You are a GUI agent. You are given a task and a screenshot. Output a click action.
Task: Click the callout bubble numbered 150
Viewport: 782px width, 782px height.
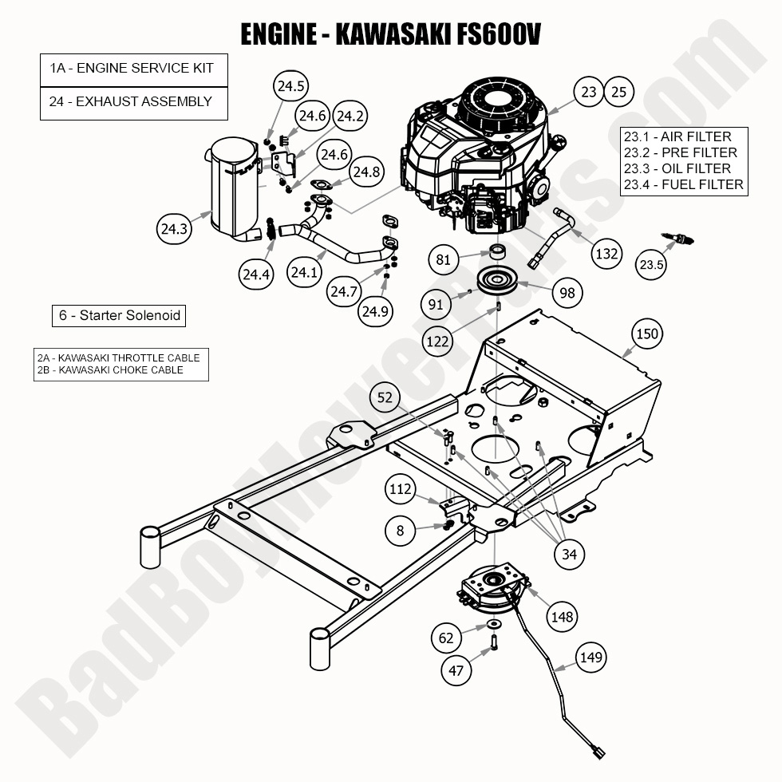click(647, 333)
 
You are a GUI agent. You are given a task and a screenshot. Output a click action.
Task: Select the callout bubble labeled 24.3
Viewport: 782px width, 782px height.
click(174, 230)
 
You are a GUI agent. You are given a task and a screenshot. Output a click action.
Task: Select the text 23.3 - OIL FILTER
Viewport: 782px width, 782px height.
click(677, 168)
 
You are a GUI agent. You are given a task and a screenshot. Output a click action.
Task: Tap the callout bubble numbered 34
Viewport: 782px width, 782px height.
click(568, 553)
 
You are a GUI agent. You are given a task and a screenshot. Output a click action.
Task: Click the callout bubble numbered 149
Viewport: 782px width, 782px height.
click(591, 658)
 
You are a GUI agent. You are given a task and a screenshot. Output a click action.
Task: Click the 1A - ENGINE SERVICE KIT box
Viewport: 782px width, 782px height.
click(133, 69)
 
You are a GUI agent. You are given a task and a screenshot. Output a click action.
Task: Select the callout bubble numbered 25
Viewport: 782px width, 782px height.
click(618, 93)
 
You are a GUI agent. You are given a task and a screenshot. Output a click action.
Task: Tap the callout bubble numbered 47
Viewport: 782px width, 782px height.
click(456, 671)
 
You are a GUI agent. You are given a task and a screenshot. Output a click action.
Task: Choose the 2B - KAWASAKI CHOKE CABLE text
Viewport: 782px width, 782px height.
click(110, 369)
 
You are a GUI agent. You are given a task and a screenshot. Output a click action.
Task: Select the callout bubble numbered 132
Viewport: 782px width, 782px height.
click(606, 254)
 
